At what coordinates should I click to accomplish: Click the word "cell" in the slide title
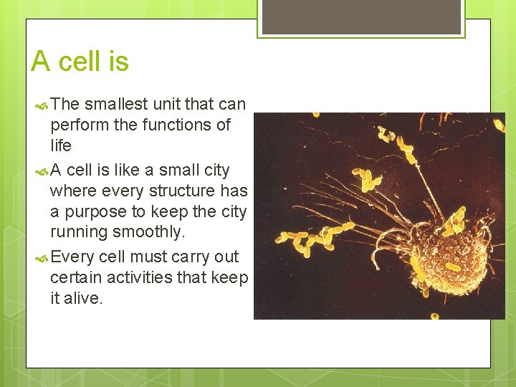pos(80,62)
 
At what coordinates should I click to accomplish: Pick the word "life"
pos(61,145)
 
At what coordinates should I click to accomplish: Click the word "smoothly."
pos(156,233)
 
